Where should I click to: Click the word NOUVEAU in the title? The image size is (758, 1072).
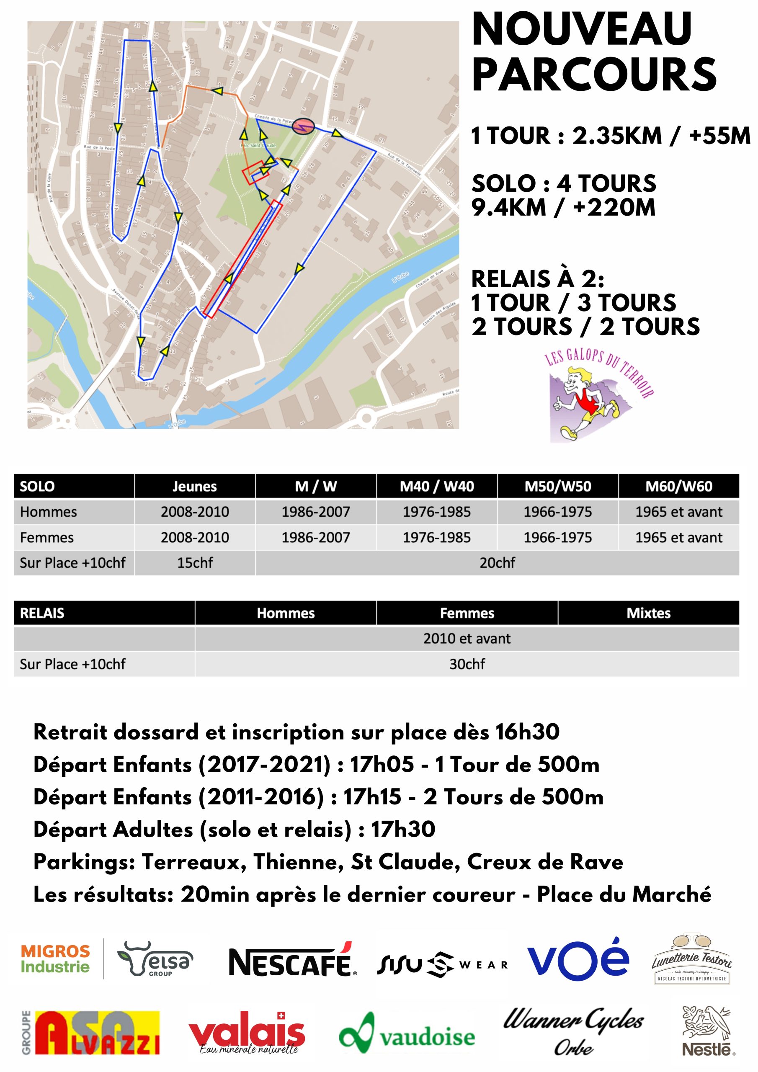[x=581, y=29]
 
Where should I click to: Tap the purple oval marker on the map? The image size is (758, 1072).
[x=303, y=126]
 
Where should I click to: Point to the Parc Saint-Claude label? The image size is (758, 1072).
[x=258, y=145]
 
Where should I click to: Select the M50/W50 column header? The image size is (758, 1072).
[x=558, y=487]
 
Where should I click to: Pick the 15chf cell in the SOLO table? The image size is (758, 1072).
[x=195, y=563]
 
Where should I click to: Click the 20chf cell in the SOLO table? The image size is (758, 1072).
[x=497, y=563]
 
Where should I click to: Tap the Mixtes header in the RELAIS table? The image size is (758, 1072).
[x=648, y=613]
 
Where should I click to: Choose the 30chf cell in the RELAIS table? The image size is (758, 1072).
[x=467, y=664]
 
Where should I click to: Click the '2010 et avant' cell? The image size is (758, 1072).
[x=467, y=638]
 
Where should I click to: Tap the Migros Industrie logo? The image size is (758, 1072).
[x=55, y=959]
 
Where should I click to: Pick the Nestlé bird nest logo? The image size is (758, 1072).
[x=706, y=1030]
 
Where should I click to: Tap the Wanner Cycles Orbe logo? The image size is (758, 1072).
[x=573, y=1031]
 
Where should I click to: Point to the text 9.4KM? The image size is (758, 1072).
[x=508, y=207]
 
